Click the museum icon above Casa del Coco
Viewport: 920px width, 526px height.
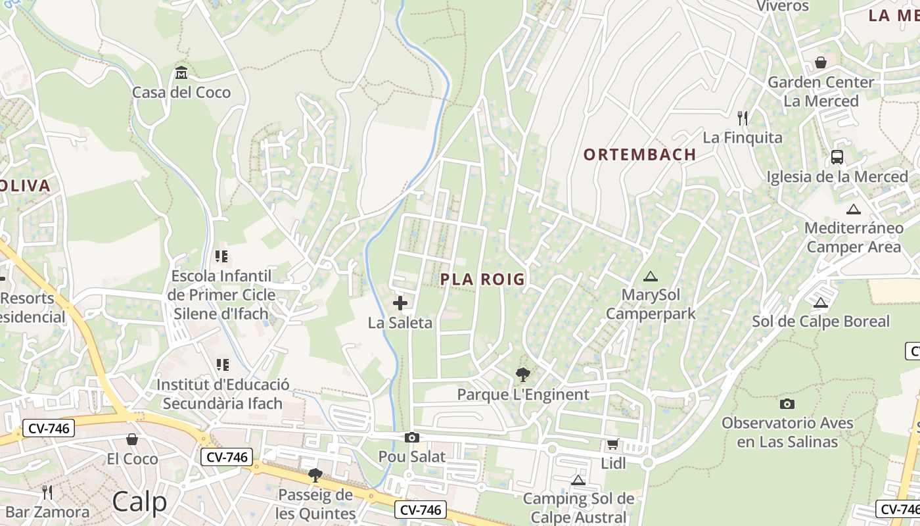(x=181, y=72)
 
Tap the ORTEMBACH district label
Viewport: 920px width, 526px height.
(x=639, y=155)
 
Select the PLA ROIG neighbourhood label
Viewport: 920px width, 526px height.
(x=482, y=279)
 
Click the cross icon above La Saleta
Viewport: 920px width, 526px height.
(x=400, y=302)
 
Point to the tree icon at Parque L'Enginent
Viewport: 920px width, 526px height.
(x=523, y=375)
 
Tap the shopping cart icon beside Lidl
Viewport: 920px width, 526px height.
(x=612, y=444)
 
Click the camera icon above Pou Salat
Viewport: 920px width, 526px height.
(x=412, y=437)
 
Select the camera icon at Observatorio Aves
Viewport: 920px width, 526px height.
(x=787, y=404)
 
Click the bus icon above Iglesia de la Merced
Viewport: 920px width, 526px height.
(x=837, y=156)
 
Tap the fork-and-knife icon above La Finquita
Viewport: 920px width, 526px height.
(x=743, y=118)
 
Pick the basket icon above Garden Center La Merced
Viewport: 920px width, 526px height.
(x=820, y=62)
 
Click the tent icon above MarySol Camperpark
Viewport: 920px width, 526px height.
(x=650, y=276)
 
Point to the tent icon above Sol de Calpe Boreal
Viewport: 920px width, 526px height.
(x=819, y=302)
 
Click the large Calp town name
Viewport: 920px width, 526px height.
(x=139, y=502)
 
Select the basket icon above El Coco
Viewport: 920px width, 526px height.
(x=132, y=439)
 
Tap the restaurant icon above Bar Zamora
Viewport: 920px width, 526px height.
(x=47, y=492)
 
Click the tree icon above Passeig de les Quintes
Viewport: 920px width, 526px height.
(x=315, y=475)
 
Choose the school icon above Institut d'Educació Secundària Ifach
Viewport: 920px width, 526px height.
(x=222, y=364)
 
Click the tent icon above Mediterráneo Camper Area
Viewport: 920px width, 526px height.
(x=853, y=209)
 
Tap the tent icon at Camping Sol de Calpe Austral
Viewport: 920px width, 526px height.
(x=578, y=479)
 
